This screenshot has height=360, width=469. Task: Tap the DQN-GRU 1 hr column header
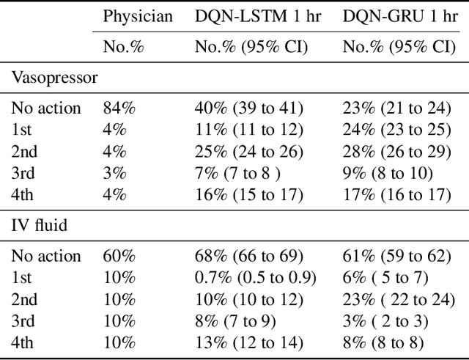(401, 16)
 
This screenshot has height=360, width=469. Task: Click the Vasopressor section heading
(53, 78)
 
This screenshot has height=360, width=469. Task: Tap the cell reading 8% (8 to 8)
(386, 342)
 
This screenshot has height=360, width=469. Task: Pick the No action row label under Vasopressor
(46, 109)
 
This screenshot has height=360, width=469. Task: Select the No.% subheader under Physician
(122, 48)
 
